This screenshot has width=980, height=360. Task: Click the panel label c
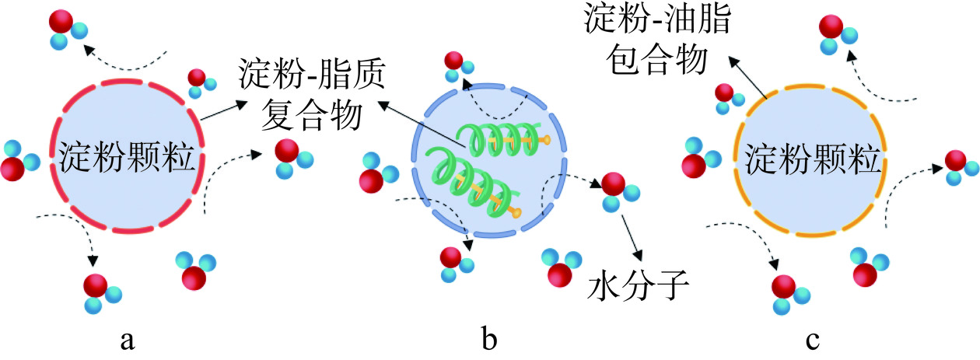813,339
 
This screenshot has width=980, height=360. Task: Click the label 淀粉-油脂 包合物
657,39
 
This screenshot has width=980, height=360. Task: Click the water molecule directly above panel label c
789,294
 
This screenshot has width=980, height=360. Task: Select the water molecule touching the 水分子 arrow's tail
614,190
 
